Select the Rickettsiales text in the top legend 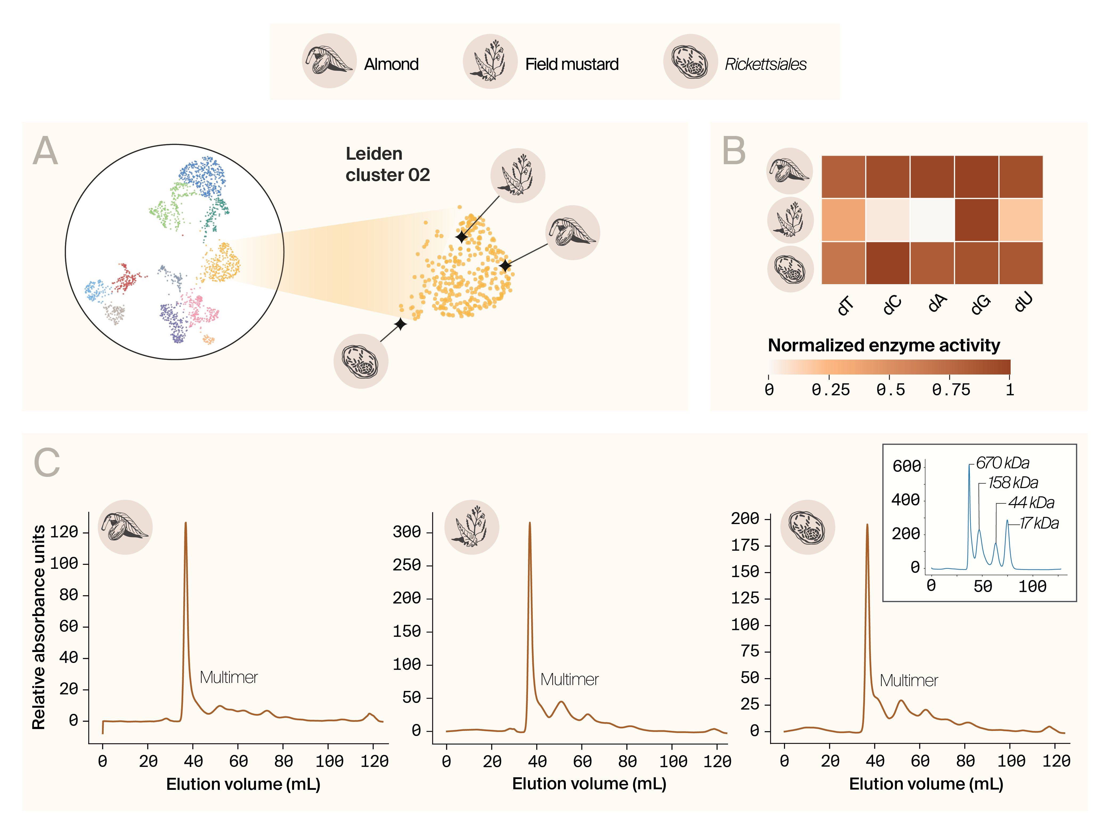(765, 64)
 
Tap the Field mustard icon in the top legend (490, 61)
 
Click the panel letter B (734, 151)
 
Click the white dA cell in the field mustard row (932, 220)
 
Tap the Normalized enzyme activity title (884, 345)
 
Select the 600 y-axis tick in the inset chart (906, 466)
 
